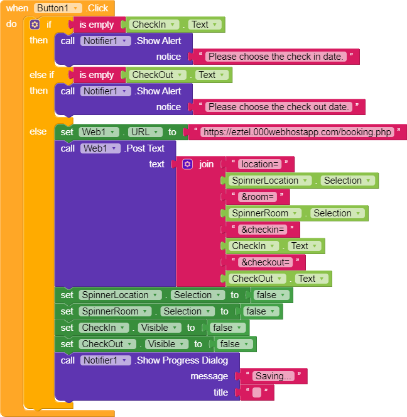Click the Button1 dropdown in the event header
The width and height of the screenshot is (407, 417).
coord(58,8)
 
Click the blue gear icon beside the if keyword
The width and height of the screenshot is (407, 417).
coord(35,25)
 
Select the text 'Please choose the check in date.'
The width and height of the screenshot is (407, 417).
coord(276,57)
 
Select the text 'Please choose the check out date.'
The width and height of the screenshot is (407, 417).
coord(278,107)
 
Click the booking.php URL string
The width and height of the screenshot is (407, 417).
coord(298,132)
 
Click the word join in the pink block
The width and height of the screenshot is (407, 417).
coord(206,164)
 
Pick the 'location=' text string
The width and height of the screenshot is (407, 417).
coord(259,164)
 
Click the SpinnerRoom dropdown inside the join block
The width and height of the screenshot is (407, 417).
coord(266,213)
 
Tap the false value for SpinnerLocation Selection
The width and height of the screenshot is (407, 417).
coord(270,295)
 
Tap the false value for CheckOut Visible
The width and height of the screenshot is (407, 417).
coord(234,344)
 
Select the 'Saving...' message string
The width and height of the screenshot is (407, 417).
coord(273,376)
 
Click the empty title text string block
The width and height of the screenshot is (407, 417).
coord(256,392)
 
